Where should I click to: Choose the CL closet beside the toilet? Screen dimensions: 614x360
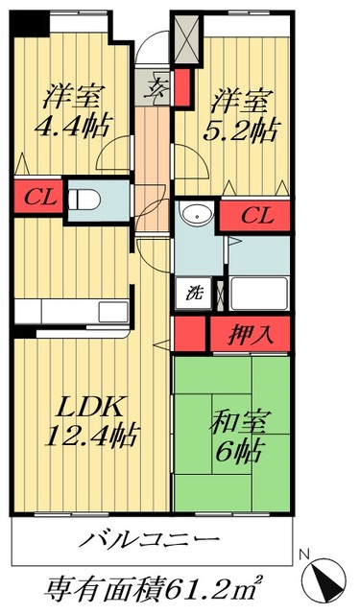[x=37, y=201]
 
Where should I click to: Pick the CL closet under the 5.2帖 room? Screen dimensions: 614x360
[x=255, y=215]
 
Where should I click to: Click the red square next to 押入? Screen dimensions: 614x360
[x=190, y=335]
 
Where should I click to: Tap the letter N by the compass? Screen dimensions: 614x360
[x=302, y=554]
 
